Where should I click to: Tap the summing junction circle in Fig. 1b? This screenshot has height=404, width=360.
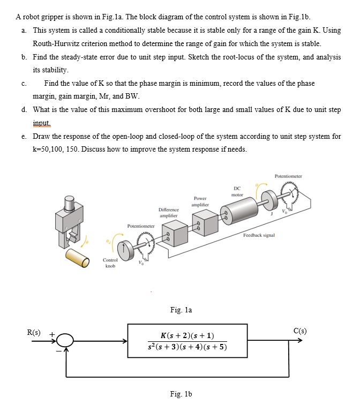[65, 340]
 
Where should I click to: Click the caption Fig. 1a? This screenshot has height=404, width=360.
[181, 309]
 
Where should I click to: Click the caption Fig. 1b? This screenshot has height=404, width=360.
[181, 394]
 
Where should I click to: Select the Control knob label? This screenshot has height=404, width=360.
[111, 262]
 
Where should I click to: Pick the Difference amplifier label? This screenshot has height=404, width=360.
[169, 212]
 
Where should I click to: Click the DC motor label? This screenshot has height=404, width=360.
[237, 191]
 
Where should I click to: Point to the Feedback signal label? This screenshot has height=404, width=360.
[259, 235]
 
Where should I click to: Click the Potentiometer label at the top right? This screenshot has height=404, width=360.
[288, 176]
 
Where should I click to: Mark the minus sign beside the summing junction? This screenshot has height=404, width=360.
[59, 351]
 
